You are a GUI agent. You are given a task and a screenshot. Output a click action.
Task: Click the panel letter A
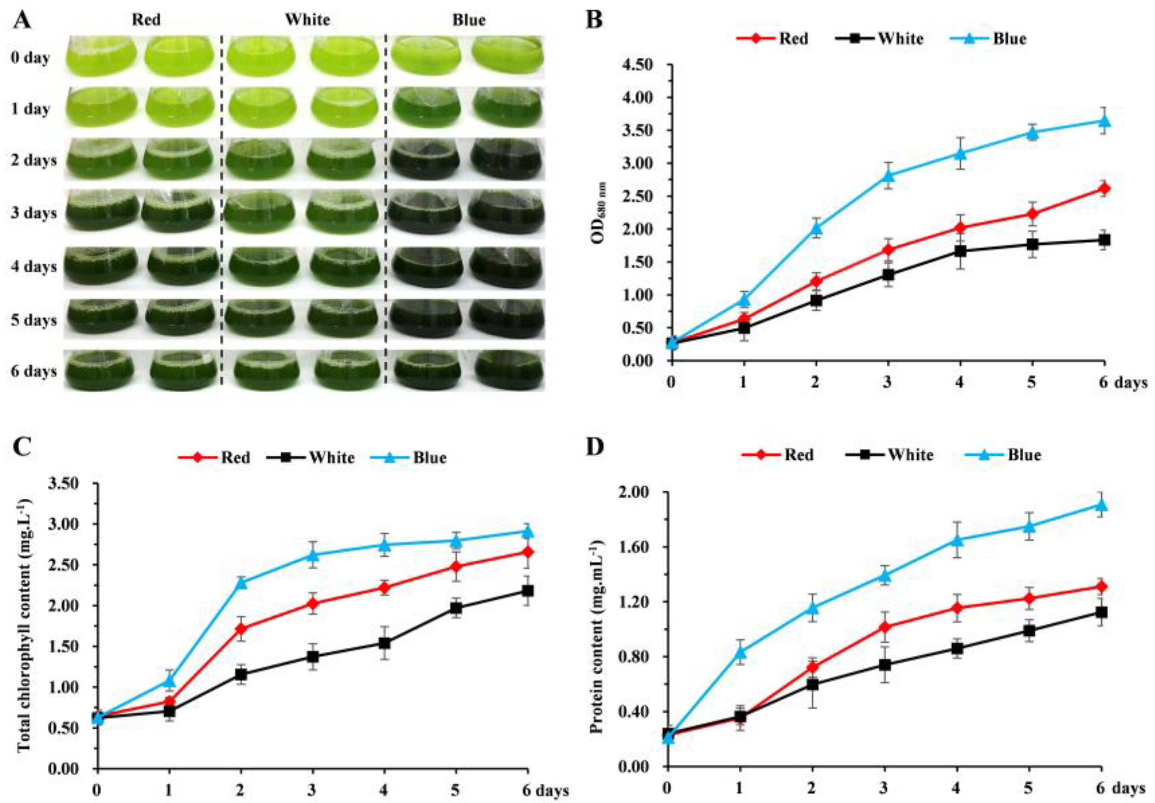[x=21, y=21]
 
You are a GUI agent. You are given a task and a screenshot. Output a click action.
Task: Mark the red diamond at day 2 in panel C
[x=241, y=628]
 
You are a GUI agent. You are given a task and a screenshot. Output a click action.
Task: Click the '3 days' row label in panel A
[x=34, y=213]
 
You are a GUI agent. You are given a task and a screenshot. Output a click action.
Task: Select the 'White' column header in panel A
[x=307, y=20]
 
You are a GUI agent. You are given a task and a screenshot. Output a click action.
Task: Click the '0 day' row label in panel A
[x=30, y=58]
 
